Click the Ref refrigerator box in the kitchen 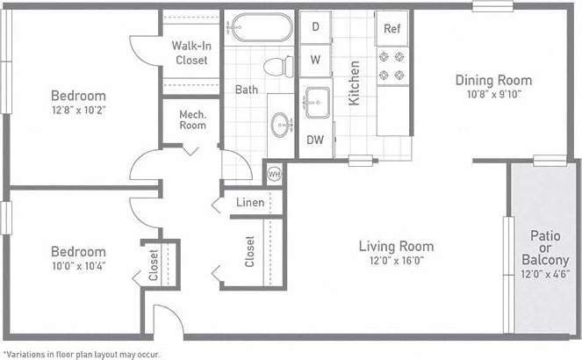(x=392, y=28)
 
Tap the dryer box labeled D (x=315, y=27)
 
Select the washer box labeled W (x=315, y=61)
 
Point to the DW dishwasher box (x=315, y=139)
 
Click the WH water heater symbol (x=273, y=173)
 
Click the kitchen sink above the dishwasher (x=315, y=98)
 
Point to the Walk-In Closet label (x=190, y=53)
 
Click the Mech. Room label (x=192, y=119)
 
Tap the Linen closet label (x=250, y=203)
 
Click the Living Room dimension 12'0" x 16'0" (x=396, y=262)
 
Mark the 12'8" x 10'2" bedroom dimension (x=78, y=111)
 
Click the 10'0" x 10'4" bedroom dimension (x=77, y=266)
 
